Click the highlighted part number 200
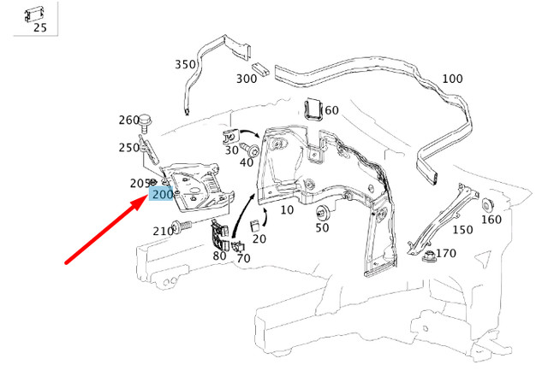162,195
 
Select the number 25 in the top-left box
39,27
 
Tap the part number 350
185,64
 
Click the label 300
247,79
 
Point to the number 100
452,79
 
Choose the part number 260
128,120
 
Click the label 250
128,148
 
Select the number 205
140,183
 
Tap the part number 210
163,231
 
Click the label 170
446,253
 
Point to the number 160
491,220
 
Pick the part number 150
462,229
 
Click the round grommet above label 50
323,213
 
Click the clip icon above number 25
35,12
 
